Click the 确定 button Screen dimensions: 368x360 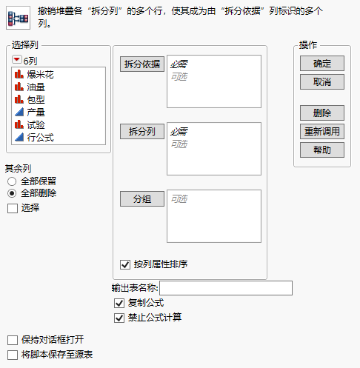322,64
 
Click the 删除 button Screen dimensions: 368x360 322,113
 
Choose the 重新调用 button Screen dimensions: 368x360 322,131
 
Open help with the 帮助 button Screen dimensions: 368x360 322,150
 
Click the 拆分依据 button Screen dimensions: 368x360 141,64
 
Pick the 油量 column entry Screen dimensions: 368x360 36,87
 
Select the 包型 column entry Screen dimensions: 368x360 36,99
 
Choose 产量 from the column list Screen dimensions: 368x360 36,112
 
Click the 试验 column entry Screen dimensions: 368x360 36,124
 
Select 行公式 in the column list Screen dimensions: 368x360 40,137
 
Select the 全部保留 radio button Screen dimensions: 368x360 12,181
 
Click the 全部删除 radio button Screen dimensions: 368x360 12,193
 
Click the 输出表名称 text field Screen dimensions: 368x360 226,288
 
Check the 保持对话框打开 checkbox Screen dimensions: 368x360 12,340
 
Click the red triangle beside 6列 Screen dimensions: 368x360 18,60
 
